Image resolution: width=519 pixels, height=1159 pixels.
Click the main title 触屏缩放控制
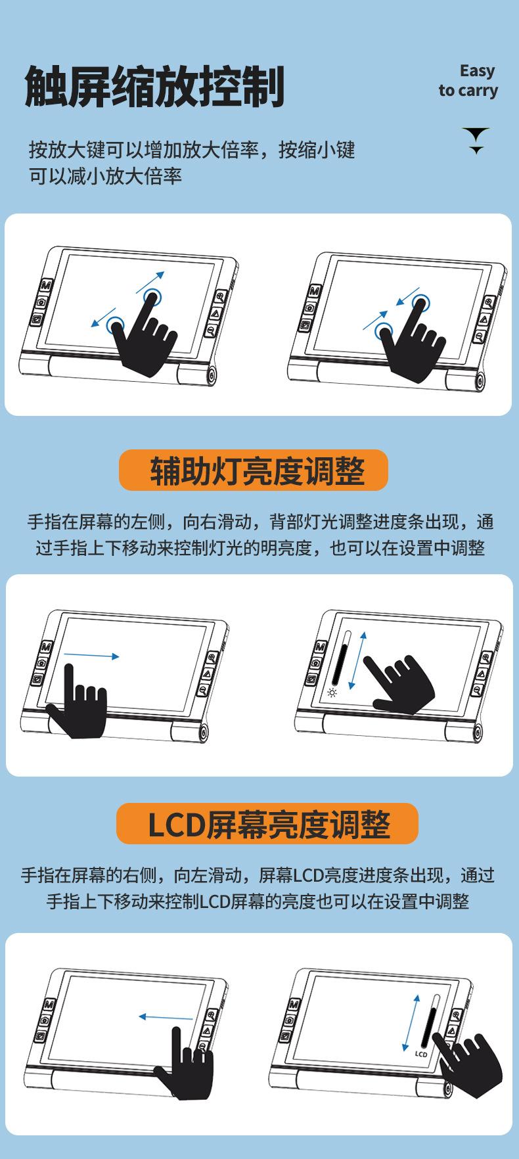[154, 87]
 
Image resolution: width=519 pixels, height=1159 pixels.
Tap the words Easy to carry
[468, 81]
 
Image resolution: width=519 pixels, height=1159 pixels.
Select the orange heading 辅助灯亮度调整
[254, 470]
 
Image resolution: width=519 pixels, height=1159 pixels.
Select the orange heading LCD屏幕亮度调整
[267, 824]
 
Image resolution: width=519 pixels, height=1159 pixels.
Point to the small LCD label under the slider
[421, 1054]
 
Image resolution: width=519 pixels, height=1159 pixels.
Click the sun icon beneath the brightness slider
[332, 693]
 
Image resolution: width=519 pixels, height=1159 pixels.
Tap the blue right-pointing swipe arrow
[92, 656]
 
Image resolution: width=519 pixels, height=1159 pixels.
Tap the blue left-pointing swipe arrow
[166, 1017]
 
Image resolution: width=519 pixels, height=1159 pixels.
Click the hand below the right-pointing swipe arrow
[78, 706]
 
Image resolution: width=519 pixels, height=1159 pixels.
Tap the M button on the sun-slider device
[320, 647]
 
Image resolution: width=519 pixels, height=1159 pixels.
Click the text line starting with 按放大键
[191, 150]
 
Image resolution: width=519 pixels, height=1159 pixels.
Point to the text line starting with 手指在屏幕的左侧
[259, 522]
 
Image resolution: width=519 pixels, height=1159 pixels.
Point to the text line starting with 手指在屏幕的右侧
[258, 875]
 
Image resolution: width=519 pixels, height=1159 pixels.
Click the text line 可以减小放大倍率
[105, 176]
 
